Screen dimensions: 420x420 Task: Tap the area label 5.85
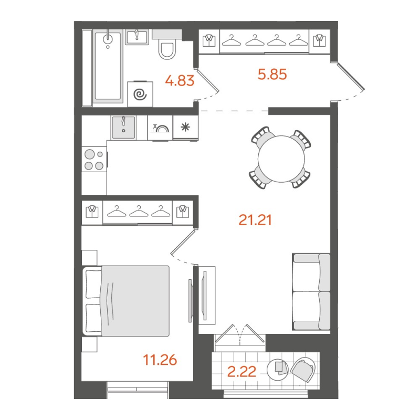272,75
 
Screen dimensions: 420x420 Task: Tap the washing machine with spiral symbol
140,93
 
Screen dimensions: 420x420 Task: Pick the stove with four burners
94,160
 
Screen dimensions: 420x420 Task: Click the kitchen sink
124,126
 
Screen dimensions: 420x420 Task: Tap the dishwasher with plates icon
160,128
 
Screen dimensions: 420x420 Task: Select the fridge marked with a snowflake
185,128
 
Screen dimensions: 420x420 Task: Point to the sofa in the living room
311,291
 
